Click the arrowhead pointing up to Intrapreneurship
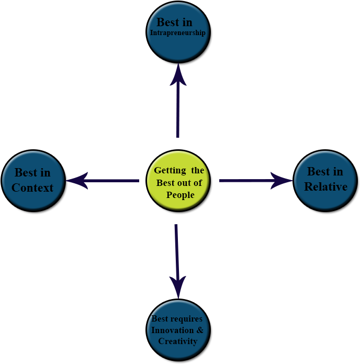click(x=178, y=74)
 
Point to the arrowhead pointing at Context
click(x=76, y=181)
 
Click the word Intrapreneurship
click(x=178, y=32)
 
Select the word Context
click(x=32, y=187)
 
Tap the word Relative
click(x=325, y=186)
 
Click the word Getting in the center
click(x=170, y=171)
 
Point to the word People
click(x=180, y=195)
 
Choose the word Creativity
click(x=178, y=341)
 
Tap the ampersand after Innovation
click(x=200, y=330)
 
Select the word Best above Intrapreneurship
click(x=167, y=22)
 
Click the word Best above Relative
click(x=317, y=172)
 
